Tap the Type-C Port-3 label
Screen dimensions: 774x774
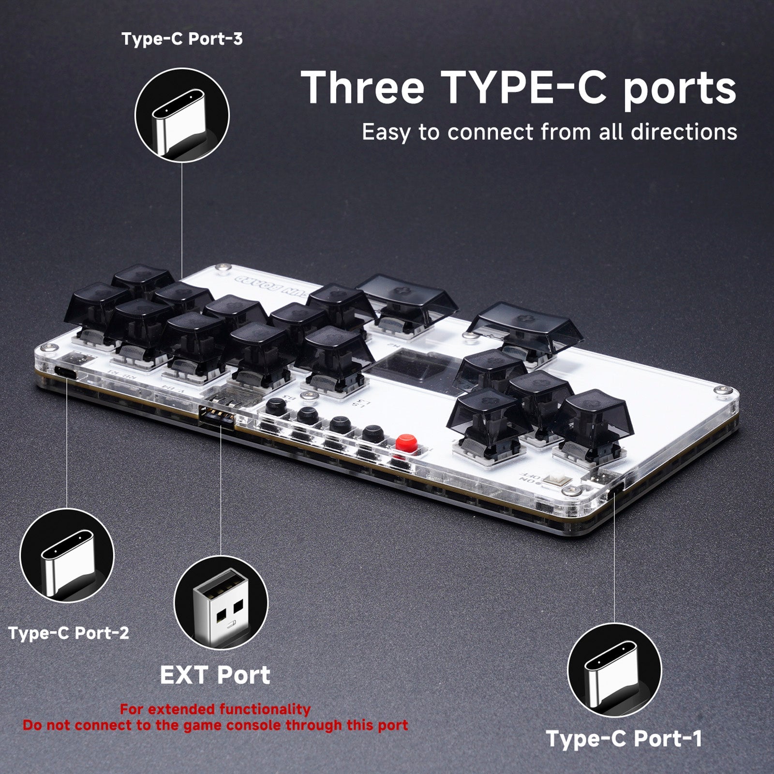(x=182, y=39)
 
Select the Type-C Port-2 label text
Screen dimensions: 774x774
(x=69, y=633)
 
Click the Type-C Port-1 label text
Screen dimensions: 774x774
(x=624, y=739)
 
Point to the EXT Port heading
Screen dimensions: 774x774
(x=215, y=675)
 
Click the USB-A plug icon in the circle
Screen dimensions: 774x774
(x=221, y=603)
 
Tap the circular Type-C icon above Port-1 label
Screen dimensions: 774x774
(x=614, y=670)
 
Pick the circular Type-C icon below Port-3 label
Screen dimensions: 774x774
(x=182, y=115)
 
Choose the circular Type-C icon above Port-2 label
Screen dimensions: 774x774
(x=67, y=555)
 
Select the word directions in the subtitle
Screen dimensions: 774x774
(x=684, y=132)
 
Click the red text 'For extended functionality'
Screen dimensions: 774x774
(x=215, y=709)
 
